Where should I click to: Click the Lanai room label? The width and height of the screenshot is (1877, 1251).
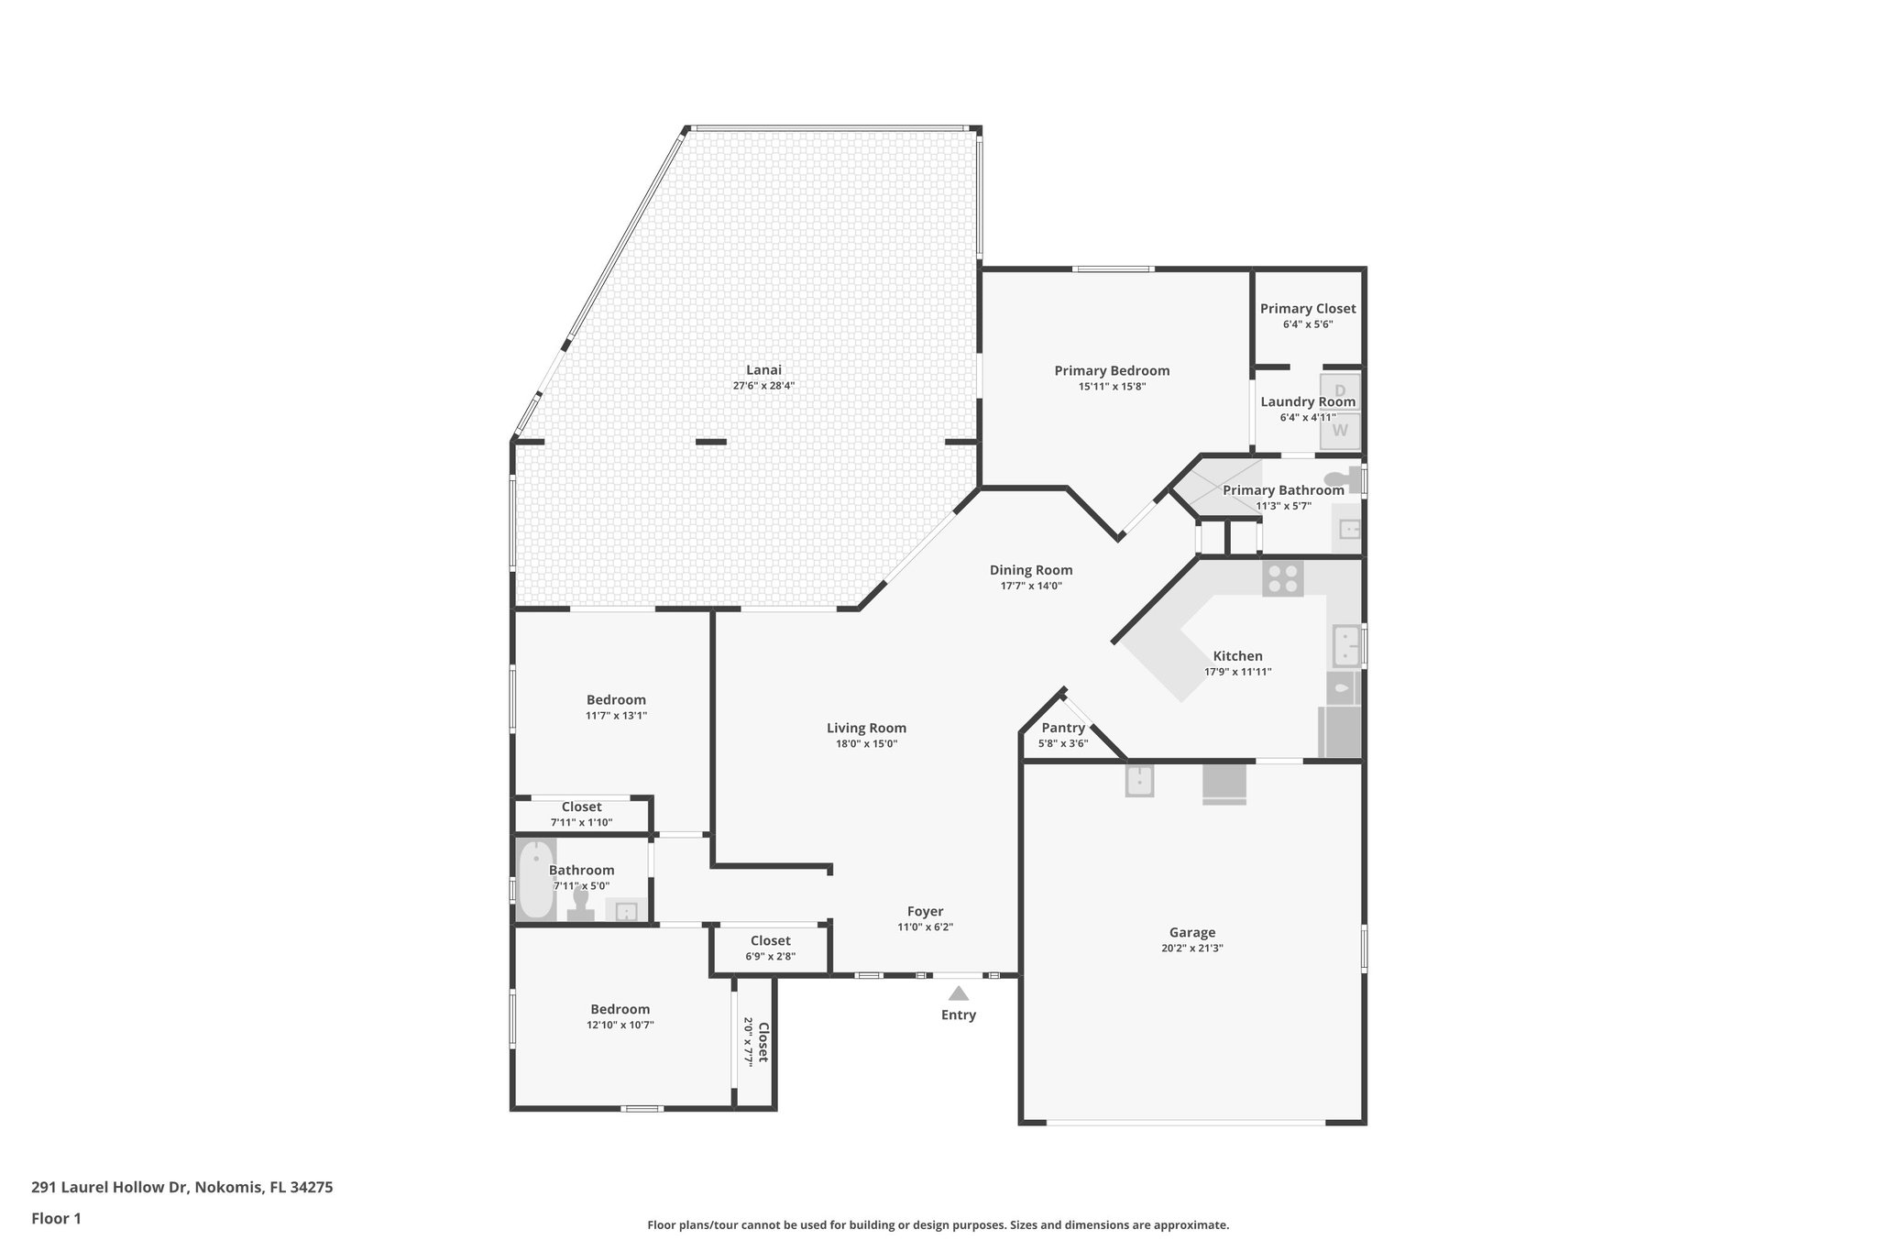[763, 370]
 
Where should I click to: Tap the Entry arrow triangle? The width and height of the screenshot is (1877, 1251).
[958, 993]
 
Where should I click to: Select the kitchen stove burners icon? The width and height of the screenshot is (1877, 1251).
[1282, 578]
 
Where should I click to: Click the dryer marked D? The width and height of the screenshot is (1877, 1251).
[1340, 390]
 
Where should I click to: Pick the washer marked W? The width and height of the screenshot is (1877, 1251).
[1340, 430]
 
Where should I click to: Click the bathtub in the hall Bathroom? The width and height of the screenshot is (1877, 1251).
[535, 880]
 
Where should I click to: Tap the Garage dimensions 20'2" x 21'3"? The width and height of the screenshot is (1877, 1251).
[1191, 949]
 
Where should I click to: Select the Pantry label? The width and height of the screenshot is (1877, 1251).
[1063, 728]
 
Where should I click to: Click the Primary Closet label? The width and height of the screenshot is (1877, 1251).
[1307, 309]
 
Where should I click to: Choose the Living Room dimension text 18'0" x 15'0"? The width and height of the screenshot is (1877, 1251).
[866, 744]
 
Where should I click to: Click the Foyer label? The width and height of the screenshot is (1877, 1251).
[925, 911]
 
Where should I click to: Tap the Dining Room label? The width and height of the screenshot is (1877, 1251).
[1030, 570]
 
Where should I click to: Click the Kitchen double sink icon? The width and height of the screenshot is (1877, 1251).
[1345, 646]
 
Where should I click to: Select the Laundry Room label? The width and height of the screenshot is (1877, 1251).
[1307, 401]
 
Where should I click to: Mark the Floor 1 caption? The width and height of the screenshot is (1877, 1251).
[56, 1219]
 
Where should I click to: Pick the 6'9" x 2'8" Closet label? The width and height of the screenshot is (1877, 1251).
[770, 940]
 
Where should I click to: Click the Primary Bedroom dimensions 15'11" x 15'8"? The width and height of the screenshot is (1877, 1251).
[1112, 387]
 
